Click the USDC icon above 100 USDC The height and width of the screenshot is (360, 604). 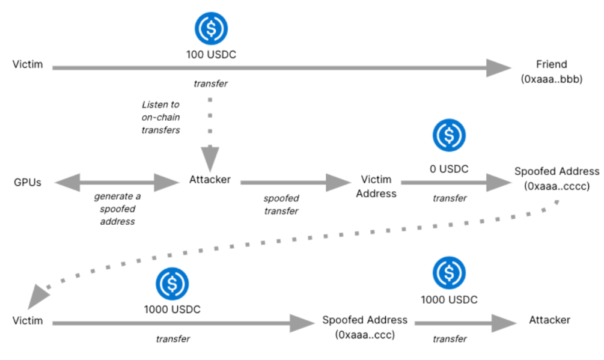coord(210,28)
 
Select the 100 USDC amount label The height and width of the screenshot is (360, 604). coord(210,55)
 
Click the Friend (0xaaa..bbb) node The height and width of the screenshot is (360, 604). coord(551,72)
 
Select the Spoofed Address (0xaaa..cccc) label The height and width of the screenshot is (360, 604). coord(557,178)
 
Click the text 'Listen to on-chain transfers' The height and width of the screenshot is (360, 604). coord(160,117)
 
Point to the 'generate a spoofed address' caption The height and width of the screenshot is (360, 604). coord(118,209)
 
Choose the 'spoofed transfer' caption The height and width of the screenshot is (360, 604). coord(281,204)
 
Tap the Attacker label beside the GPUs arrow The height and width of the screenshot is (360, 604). coord(210,180)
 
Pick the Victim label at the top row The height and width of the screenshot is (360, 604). coord(28,64)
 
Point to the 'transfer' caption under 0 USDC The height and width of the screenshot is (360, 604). coord(450,198)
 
